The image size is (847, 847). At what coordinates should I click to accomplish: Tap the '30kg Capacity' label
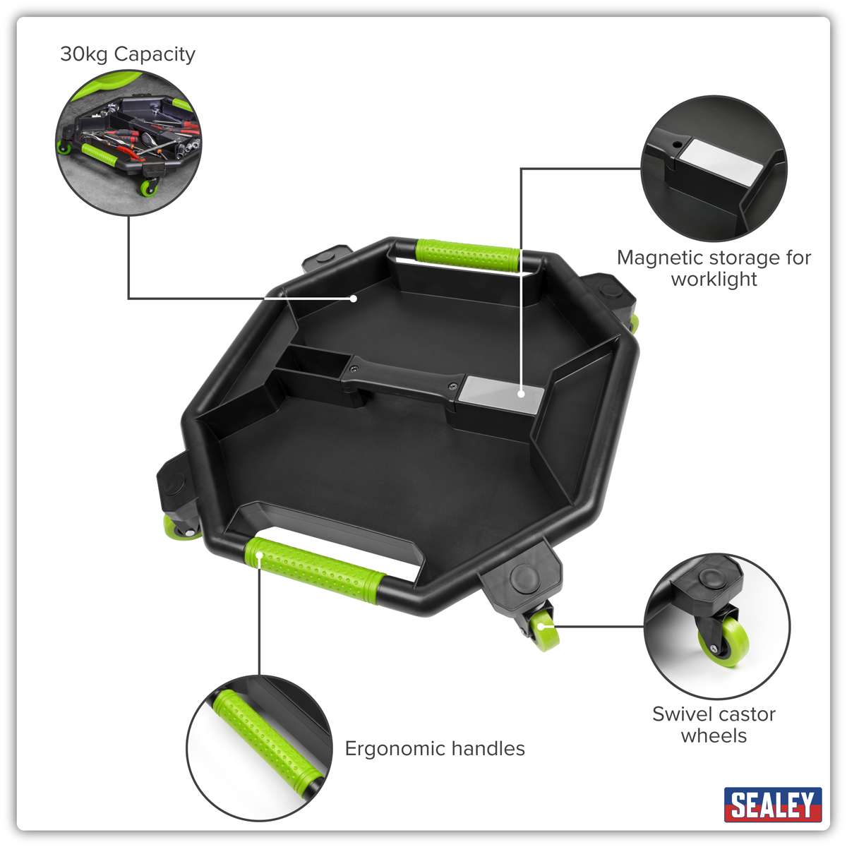coord(128,54)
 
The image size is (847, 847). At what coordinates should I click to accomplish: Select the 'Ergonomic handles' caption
coord(435,748)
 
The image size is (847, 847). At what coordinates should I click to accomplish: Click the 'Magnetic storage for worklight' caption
coord(714,268)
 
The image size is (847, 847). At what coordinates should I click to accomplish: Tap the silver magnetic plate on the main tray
coord(500,394)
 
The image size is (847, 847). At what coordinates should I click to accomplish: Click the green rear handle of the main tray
coord(468,256)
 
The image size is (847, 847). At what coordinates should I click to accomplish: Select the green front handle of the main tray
coord(315,570)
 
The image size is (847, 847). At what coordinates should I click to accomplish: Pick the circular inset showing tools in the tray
coord(128,143)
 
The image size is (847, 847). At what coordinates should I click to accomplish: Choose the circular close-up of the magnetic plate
coord(714,169)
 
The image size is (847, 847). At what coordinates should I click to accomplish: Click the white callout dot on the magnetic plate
coord(521,394)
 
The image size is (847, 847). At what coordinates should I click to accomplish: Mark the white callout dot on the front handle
coord(259,555)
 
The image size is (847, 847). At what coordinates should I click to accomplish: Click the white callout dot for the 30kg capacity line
coord(353,299)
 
